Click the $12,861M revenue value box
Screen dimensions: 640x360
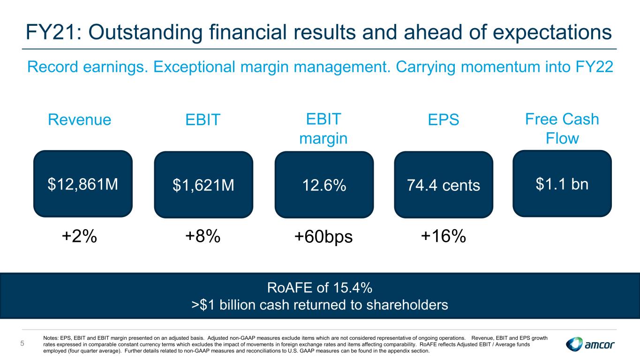tap(83, 184)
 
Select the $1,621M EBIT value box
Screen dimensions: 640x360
tap(203, 185)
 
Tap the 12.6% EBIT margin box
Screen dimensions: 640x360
tap(324, 185)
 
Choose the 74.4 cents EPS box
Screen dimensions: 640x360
tap(444, 185)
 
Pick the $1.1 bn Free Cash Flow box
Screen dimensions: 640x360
tap(562, 183)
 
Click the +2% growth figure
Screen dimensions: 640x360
tap(79, 236)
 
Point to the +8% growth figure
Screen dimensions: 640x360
tap(203, 236)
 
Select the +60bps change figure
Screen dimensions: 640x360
tap(324, 237)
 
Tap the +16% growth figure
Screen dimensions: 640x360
tap(444, 236)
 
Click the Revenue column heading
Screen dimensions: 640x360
tap(79, 120)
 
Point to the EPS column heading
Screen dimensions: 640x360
tap(444, 120)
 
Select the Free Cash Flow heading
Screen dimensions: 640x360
tap(562, 128)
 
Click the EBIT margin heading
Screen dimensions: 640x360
tap(324, 128)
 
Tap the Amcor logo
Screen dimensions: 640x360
tap(590, 344)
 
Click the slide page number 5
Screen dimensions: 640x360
tap(23, 344)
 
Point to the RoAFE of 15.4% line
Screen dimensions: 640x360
tap(320, 288)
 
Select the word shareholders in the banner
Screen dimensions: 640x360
tap(407, 305)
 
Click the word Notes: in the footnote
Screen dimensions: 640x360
tap(51, 338)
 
